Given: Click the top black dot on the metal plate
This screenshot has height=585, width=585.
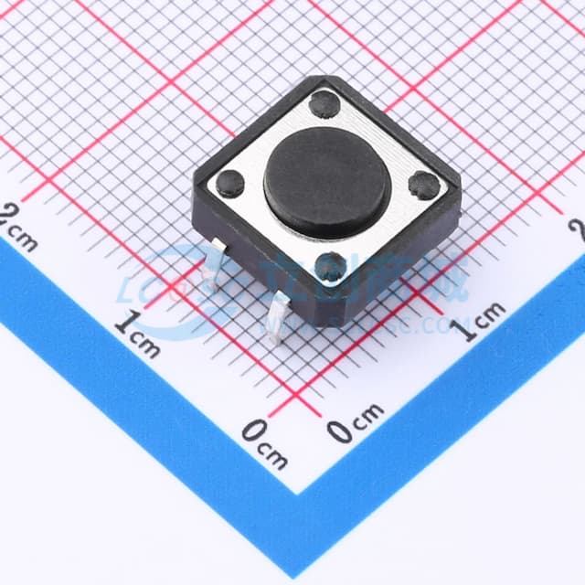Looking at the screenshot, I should (324, 104).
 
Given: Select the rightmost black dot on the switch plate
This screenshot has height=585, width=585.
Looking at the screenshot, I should (424, 186).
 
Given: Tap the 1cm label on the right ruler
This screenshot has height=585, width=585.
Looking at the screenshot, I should (481, 319).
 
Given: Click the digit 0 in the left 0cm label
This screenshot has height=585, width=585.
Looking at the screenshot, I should (253, 431).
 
